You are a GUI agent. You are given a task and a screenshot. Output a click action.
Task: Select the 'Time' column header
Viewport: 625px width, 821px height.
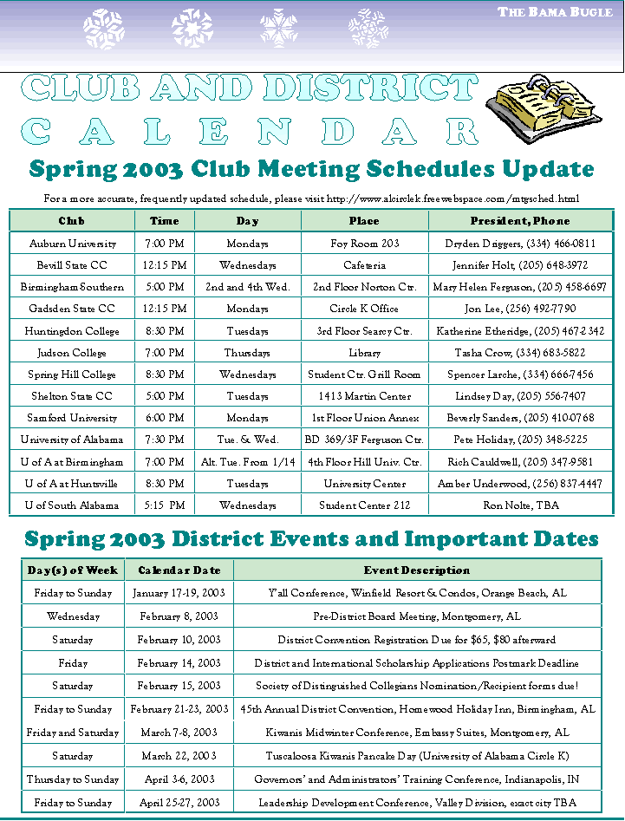164,221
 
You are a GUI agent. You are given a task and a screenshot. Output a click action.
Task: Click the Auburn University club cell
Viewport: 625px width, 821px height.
72,244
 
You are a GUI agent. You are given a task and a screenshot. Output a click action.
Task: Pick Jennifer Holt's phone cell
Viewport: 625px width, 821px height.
517,265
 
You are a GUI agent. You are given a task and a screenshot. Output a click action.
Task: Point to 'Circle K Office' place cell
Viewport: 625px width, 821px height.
364,309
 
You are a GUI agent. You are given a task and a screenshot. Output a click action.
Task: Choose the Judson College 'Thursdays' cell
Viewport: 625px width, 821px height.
247,353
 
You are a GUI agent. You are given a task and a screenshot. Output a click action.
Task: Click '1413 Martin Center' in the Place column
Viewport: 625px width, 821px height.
364,396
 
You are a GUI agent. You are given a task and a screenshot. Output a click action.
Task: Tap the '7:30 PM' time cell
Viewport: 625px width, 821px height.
164,440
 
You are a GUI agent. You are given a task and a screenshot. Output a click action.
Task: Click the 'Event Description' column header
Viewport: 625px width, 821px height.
417,570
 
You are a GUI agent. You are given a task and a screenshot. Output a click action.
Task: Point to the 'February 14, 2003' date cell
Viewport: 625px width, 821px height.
179,663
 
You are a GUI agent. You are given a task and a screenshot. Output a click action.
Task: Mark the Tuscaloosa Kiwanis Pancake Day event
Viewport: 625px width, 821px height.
417,756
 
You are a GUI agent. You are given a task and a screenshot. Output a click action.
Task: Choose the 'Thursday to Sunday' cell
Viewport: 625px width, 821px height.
73,779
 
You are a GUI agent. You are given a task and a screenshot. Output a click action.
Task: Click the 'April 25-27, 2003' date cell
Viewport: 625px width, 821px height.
179,803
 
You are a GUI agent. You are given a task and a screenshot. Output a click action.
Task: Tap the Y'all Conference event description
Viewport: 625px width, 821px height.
417,593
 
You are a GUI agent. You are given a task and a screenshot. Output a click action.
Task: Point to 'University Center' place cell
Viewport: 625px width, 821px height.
364,483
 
